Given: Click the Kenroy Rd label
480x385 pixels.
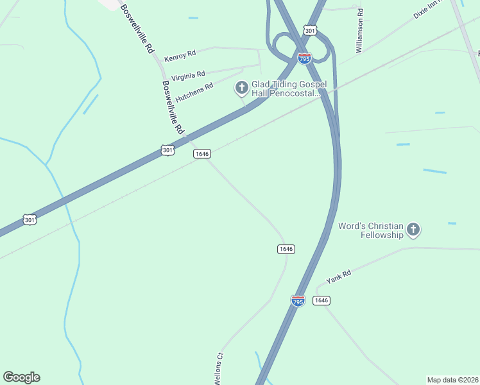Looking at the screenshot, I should click(x=180, y=56).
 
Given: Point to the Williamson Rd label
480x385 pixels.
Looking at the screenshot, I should click(x=361, y=30).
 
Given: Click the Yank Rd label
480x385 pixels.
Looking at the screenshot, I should click(x=338, y=277).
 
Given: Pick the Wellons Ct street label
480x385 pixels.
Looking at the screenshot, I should click(x=219, y=365).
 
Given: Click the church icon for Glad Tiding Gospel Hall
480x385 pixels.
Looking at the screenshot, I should click(x=242, y=87).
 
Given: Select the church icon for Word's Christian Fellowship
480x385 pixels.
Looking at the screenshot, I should click(x=414, y=229).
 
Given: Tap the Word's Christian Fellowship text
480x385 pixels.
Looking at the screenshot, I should click(x=371, y=230).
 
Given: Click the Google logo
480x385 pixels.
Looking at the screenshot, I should click(x=21, y=377).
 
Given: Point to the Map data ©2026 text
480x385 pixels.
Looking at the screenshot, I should click(x=452, y=380).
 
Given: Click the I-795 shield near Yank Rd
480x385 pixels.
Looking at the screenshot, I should click(x=298, y=300).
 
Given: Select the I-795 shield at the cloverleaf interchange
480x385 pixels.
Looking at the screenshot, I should click(x=304, y=58).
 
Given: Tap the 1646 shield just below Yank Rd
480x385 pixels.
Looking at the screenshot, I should click(x=321, y=300).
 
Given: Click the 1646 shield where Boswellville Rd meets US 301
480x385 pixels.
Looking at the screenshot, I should click(x=202, y=153).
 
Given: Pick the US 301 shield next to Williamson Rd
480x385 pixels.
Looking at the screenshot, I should click(x=311, y=30).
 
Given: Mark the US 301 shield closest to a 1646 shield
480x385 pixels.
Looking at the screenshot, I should click(x=167, y=150).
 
